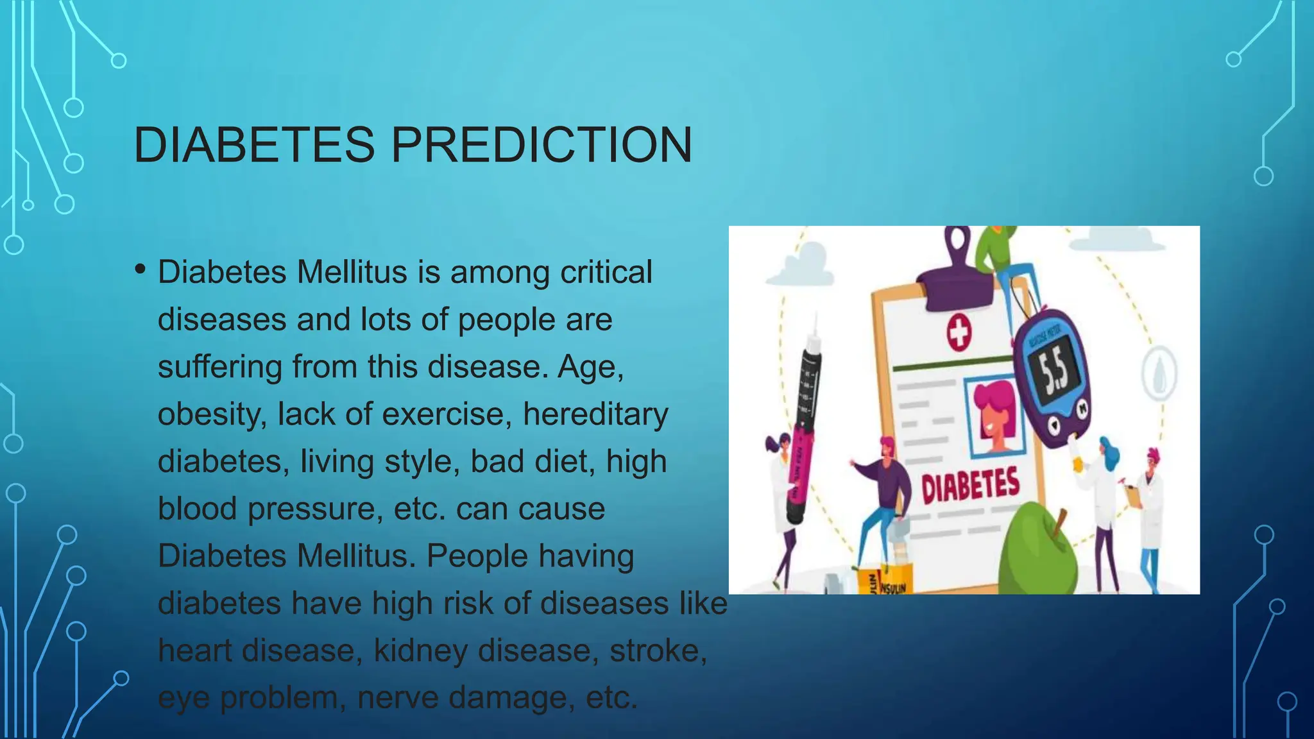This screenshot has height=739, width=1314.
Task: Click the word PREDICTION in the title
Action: (542, 145)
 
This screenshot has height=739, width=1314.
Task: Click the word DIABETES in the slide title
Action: (254, 145)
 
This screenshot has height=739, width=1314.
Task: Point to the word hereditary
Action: (595, 414)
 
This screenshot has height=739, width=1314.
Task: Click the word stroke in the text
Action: (657, 650)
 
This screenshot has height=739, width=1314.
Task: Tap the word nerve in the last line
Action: (398, 698)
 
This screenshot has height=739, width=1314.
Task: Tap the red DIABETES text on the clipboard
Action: (970, 486)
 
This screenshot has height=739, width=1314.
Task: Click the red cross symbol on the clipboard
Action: (959, 333)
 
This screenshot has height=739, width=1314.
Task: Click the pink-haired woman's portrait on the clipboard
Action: (996, 417)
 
